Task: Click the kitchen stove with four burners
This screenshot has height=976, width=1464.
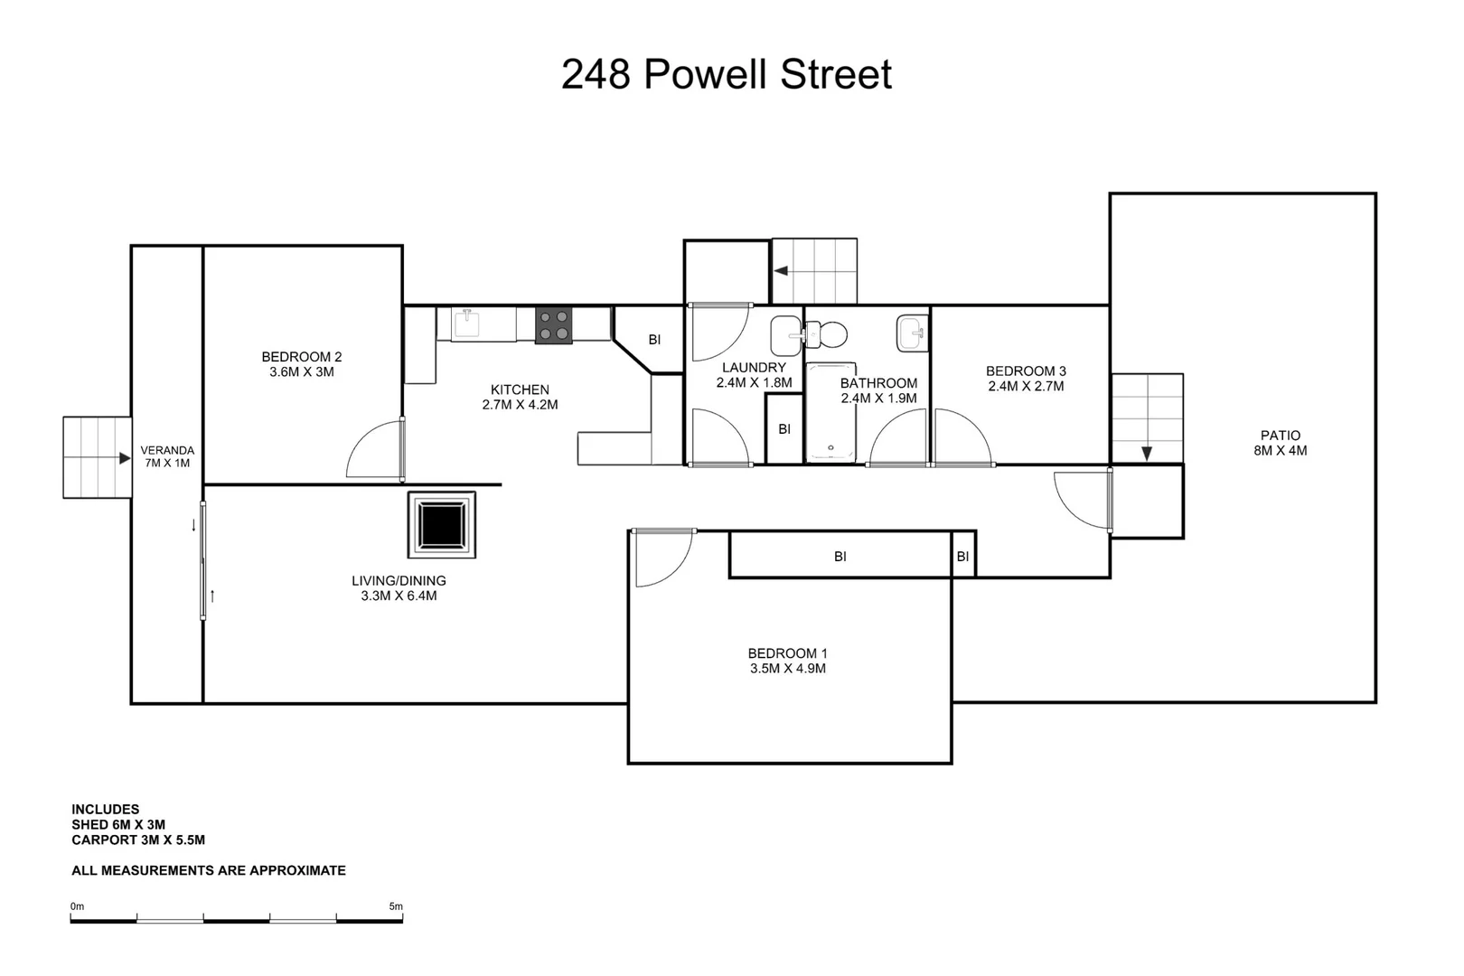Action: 553,326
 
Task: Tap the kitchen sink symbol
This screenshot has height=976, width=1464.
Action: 465,323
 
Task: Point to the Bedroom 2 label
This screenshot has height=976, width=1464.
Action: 302,357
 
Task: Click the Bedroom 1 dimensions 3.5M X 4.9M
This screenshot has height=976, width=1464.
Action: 787,669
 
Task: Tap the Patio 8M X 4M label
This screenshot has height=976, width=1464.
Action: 1280,443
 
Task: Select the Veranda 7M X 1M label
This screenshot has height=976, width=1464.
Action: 167,456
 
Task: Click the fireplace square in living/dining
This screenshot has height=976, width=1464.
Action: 442,524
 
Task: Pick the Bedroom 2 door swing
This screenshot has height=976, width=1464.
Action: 375,449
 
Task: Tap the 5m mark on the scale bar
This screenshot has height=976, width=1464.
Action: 396,906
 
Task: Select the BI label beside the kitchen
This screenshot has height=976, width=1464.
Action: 654,340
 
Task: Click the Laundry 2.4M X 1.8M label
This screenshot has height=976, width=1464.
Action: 754,375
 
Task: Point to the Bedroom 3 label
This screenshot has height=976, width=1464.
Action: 1026,371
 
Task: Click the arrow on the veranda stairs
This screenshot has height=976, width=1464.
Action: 124,458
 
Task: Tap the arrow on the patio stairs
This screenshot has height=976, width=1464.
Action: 1146,453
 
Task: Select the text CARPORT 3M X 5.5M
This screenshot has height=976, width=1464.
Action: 138,840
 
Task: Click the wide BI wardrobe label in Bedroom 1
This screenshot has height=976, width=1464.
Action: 840,557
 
